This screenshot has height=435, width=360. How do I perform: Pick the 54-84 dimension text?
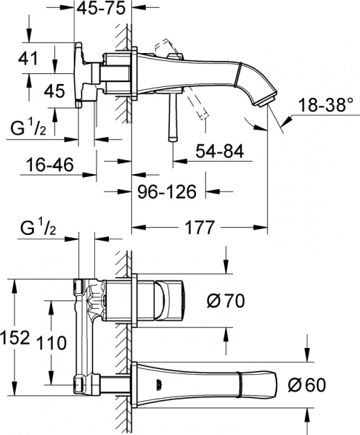(218, 152)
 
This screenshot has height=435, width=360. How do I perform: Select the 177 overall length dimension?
(198, 228)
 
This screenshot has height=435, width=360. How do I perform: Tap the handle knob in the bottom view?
(171, 300)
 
